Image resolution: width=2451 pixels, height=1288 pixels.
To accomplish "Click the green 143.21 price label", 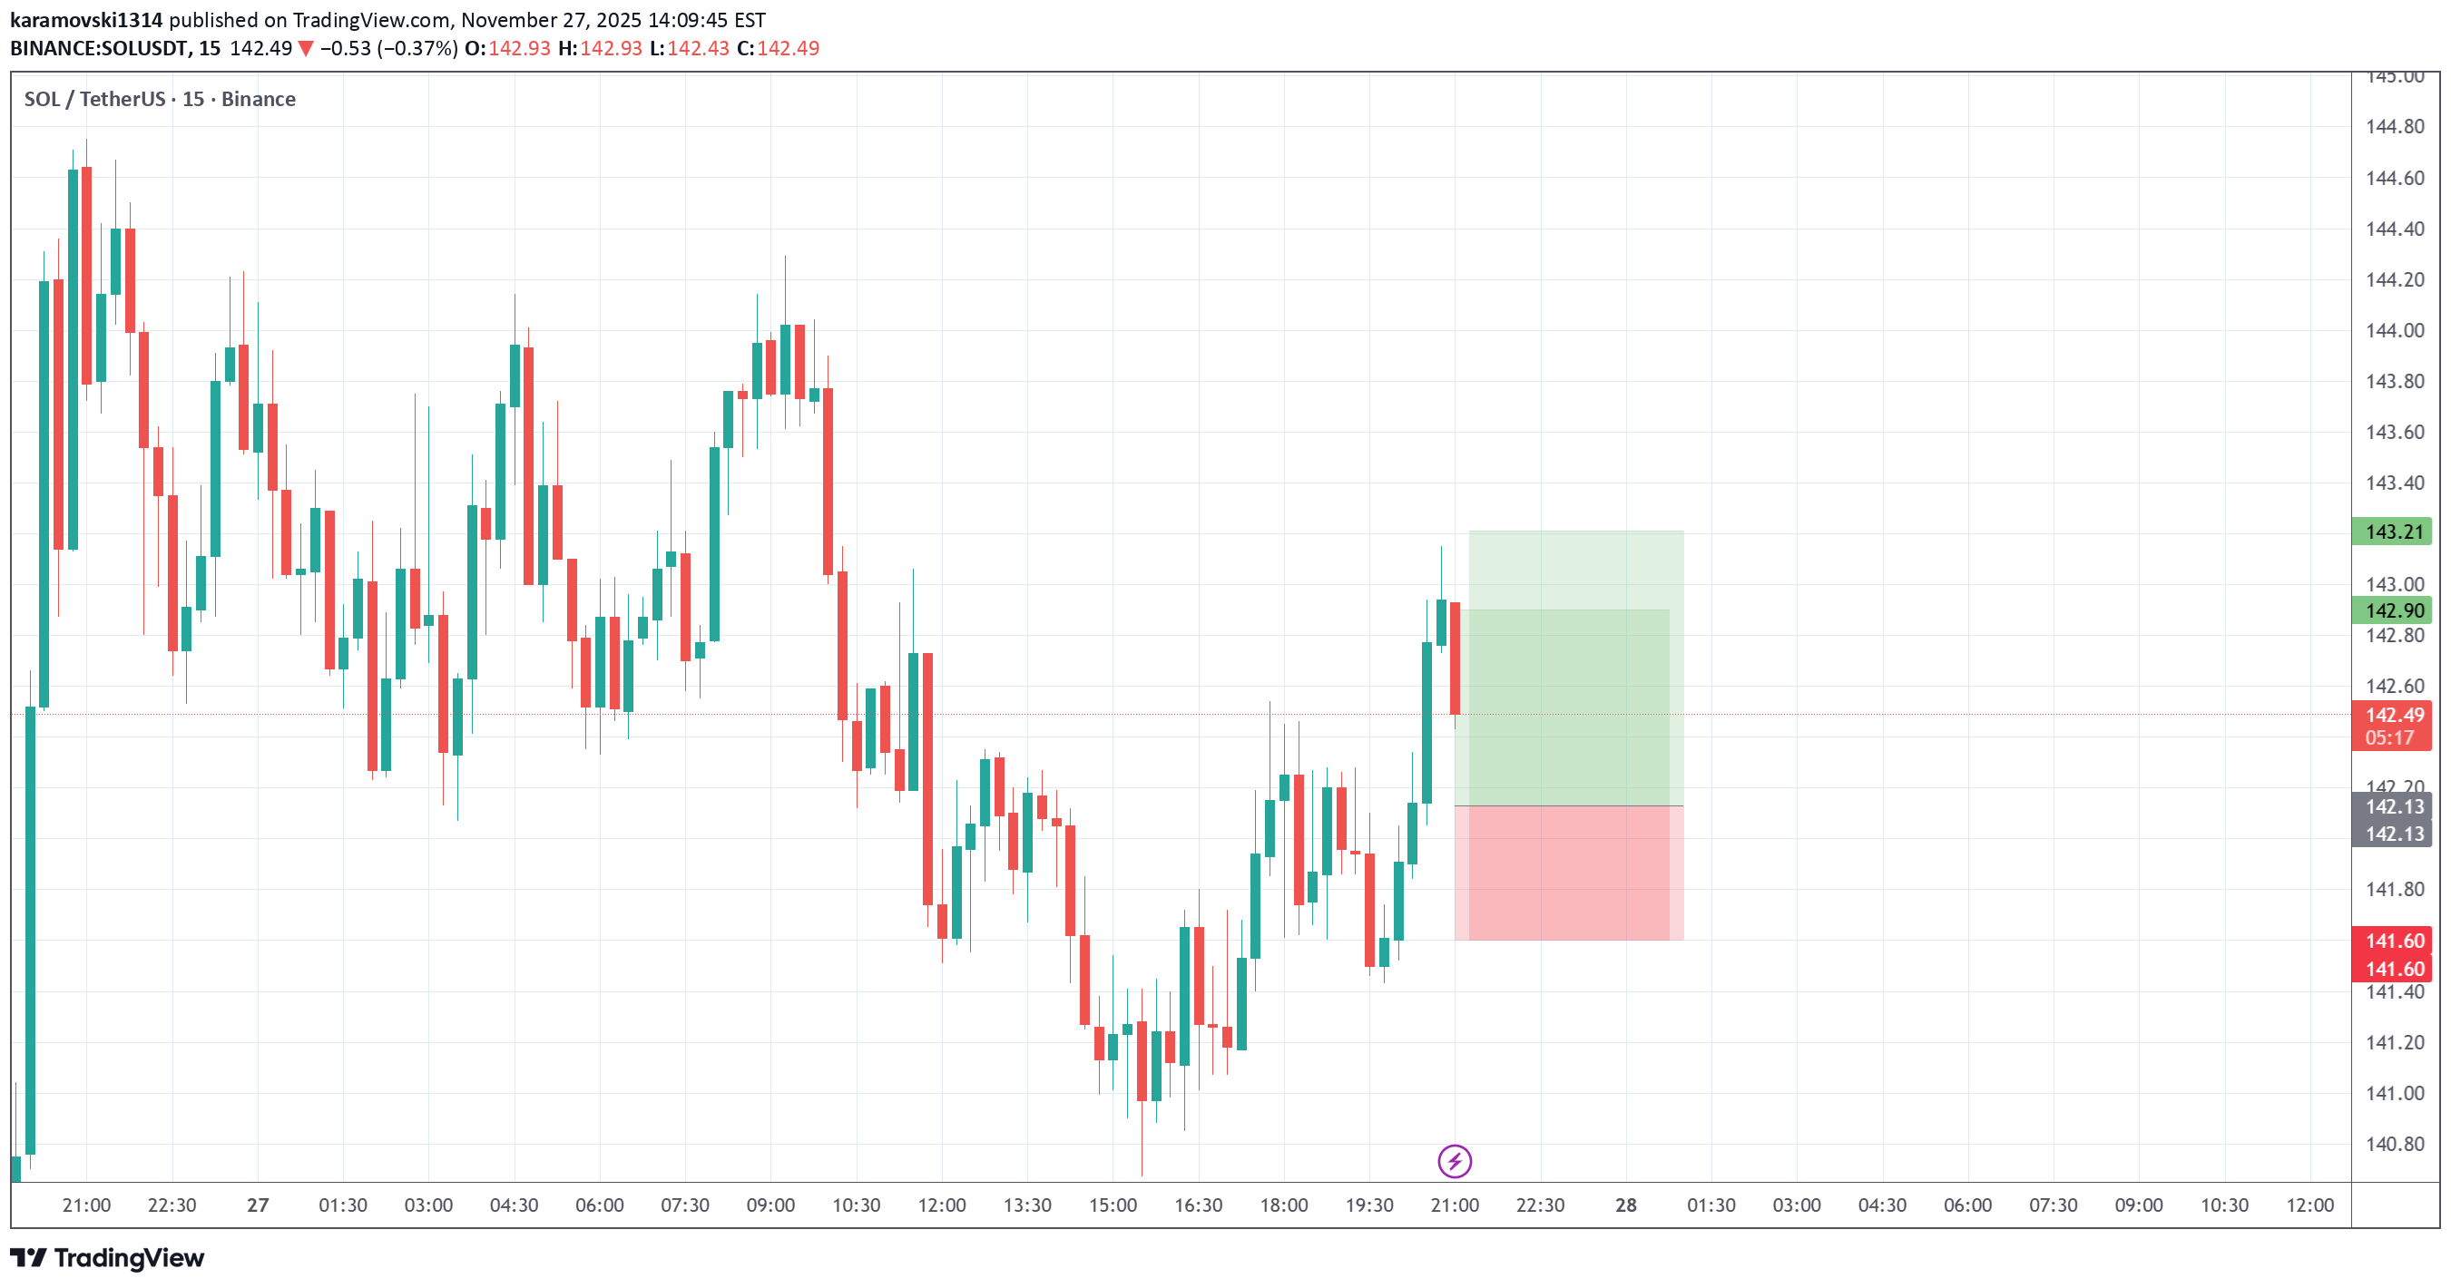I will pyautogui.click(x=2393, y=532).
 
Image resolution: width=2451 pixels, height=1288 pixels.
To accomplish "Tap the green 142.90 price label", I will pyautogui.click(x=2393, y=610).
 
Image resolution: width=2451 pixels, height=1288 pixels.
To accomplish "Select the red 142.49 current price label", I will pyautogui.click(x=2393, y=715).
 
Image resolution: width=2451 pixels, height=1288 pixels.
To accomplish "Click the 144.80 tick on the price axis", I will pyautogui.click(x=2394, y=126).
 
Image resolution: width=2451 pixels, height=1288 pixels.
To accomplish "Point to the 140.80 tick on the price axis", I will pyautogui.click(x=2394, y=1145).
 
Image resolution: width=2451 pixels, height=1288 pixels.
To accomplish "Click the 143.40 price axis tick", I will pyautogui.click(x=2394, y=483).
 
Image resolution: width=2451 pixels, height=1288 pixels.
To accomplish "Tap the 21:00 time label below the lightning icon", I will pyautogui.click(x=1454, y=1205).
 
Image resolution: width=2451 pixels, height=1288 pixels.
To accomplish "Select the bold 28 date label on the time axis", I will pyautogui.click(x=1625, y=1205).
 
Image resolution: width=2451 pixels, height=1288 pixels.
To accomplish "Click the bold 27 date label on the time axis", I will pyautogui.click(x=258, y=1205).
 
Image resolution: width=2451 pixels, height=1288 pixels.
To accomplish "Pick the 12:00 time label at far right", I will pyautogui.click(x=2309, y=1205).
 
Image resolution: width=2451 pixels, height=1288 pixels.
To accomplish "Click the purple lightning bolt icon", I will pyautogui.click(x=1454, y=1162).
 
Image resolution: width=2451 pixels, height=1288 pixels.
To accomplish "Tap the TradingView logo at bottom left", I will pyautogui.click(x=107, y=1258).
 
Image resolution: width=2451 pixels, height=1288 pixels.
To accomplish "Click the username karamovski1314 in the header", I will pyautogui.click(x=85, y=20).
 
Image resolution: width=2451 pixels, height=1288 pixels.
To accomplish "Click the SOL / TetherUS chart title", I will pyautogui.click(x=160, y=99).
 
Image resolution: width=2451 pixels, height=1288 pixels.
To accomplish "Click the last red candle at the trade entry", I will pyautogui.click(x=1455, y=659).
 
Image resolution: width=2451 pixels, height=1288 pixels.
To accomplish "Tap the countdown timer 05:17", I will pyautogui.click(x=2389, y=738).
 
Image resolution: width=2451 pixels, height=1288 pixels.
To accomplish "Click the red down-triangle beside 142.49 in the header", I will pyautogui.click(x=306, y=48).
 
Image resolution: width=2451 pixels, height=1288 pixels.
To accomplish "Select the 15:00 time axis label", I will pyautogui.click(x=1113, y=1205).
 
